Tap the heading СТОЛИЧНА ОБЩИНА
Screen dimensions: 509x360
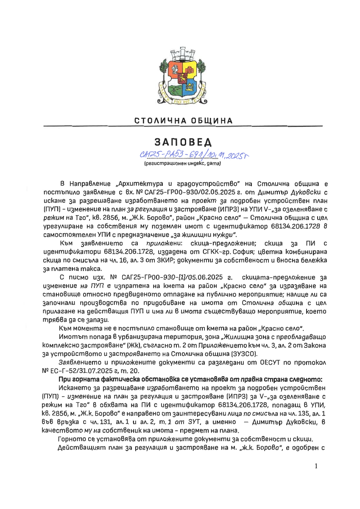(184, 121)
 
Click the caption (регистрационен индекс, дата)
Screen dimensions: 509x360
(181, 163)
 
